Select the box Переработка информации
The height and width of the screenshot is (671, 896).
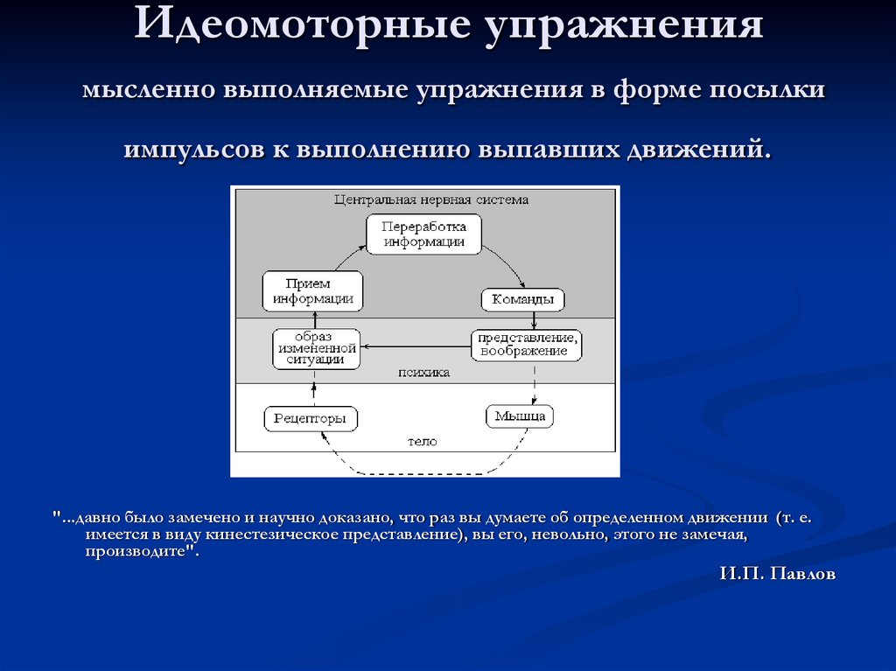coord(423,234)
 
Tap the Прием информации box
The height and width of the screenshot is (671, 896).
coord(312,290)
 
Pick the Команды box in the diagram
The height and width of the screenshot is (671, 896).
coord(522,300)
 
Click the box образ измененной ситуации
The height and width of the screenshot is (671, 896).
coord(315,348)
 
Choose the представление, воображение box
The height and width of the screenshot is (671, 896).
coord(525,344)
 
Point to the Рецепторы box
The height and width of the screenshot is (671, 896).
coord(311,419)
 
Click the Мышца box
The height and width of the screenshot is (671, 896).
coord(520,416)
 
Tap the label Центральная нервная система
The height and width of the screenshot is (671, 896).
coord(430,199)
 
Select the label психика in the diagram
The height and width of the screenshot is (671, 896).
coord(423,372)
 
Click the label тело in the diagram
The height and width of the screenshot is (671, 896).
coord(422,442)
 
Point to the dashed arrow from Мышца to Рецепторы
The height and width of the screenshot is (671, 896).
coord(420,473)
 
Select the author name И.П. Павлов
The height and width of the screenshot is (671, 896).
coord(778,574)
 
